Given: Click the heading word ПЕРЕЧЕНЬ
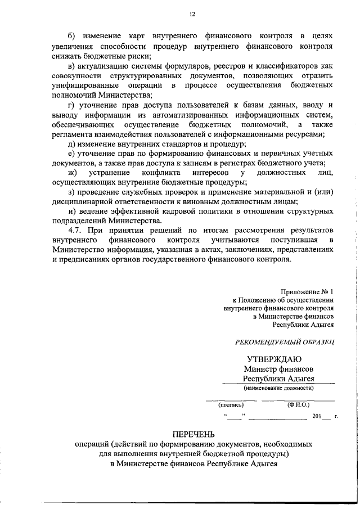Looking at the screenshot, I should pos(193,434).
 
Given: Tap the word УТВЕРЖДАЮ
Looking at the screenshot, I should pos(274,359).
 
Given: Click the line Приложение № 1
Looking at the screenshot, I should pos(307,291).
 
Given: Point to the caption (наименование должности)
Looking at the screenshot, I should pos(278,388).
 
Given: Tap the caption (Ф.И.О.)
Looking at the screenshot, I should pos(298,404).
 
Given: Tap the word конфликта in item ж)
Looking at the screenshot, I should pos(161,173).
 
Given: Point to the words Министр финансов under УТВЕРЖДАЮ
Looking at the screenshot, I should pos(278,369).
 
